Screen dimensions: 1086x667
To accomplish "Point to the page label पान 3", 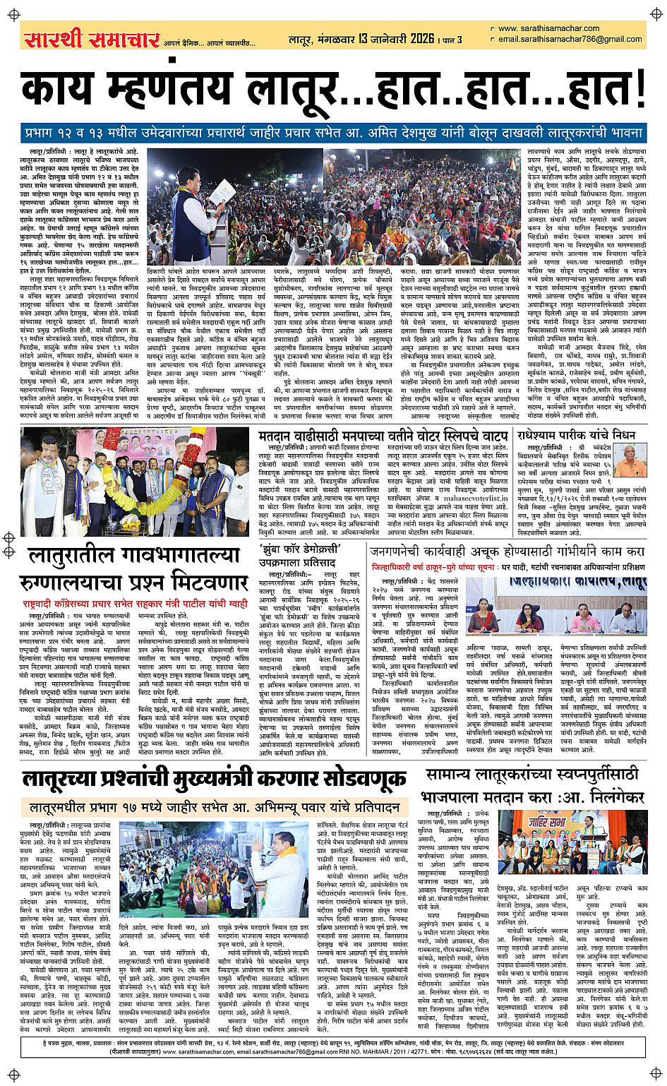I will [452, 40].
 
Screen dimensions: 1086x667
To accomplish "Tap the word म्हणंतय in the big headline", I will [167, 91].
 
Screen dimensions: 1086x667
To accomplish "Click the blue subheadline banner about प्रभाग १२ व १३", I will [333, 133].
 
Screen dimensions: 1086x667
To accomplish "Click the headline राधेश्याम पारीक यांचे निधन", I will [576, 435].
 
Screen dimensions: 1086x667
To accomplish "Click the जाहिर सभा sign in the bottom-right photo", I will [549, 821].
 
